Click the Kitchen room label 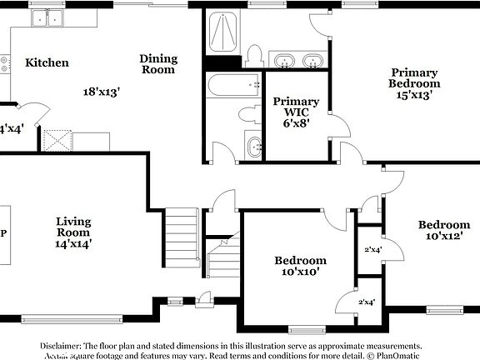click(x=47, y=62)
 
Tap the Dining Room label click(x=158, y=64)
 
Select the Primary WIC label click(x=291, y=107)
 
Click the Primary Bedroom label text click(x=415, y=78)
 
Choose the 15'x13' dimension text click(x=415, y=95)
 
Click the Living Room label click(x=73, y=227)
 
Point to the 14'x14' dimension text click(x=73, y=243)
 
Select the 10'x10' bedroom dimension click(x=300, y=272)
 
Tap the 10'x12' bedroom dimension click(x=443, y=237)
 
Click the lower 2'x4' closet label click(x=366, y=302)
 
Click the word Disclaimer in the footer click(x=62, y=345)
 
